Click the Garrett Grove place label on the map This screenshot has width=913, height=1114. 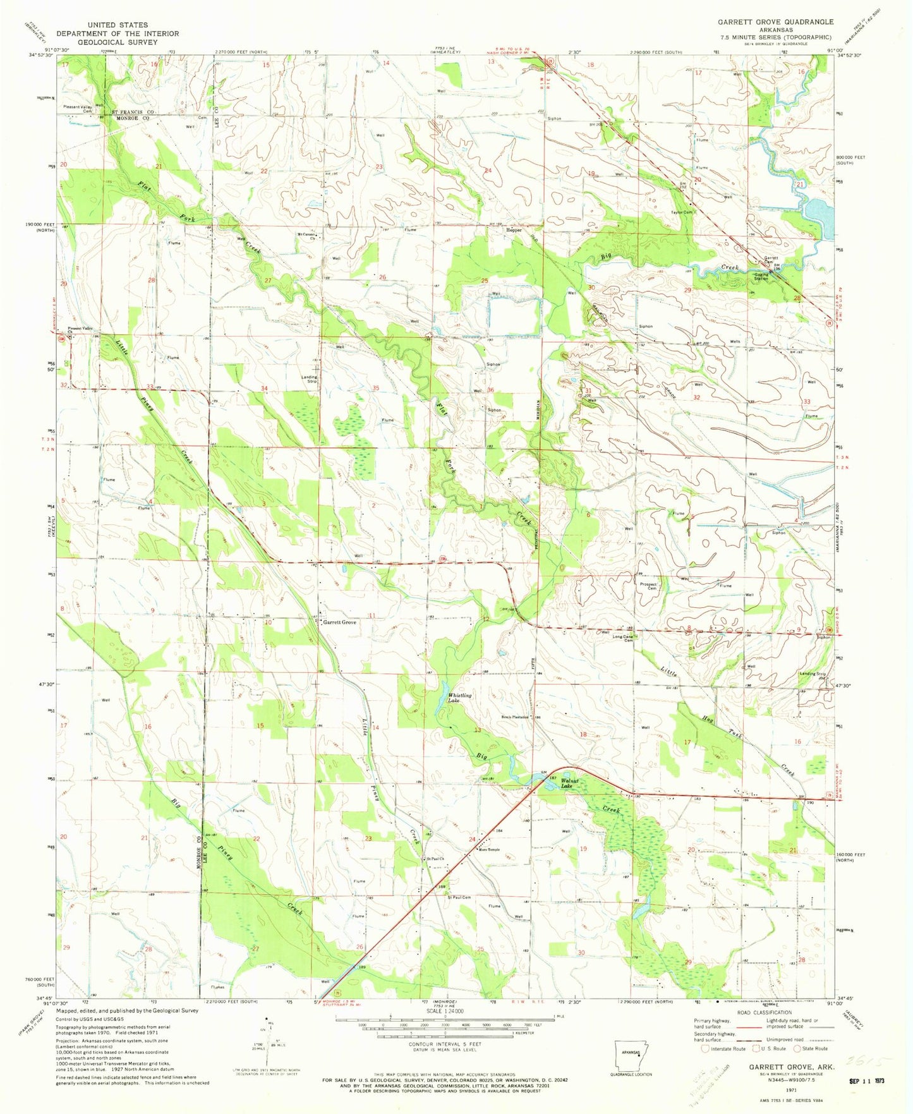click(x=340, y=622)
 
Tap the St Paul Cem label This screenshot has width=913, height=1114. click(x=459, y=897)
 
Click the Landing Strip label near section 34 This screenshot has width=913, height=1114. click(x=309, y=379)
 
